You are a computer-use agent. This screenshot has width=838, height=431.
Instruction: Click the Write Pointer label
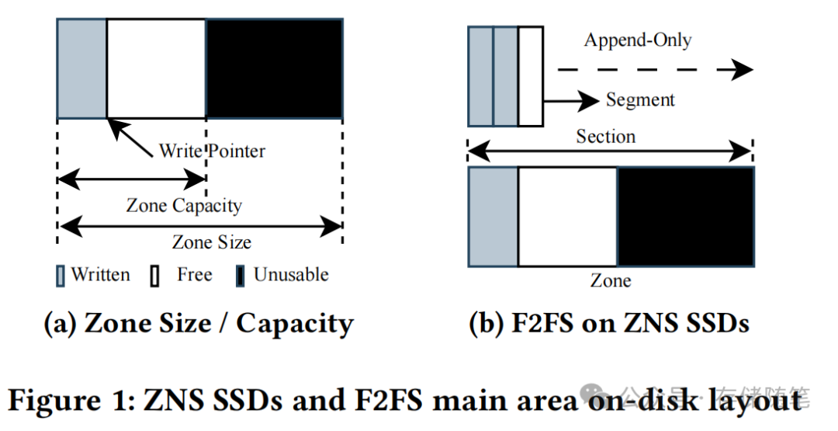(212, 151)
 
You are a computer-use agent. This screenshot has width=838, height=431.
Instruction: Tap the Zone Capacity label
(184, 206)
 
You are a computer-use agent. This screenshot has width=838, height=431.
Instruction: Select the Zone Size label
(211, 242)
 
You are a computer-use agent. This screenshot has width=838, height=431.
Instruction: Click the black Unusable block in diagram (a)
(274, 68)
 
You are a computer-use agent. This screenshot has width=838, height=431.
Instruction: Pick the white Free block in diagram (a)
(156, 68)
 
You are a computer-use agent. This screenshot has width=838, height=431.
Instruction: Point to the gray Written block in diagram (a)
(81, 68)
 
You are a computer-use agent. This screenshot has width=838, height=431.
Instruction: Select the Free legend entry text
(194, 275)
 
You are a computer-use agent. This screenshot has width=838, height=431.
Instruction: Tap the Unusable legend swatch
(241, 276)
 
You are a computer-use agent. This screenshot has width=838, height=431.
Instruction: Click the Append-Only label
(638, 40)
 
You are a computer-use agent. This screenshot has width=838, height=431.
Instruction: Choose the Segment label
(640, 100)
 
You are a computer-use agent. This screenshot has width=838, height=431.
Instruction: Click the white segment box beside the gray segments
(530, 75)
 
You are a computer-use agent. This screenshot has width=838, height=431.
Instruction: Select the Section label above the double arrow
(606, 137)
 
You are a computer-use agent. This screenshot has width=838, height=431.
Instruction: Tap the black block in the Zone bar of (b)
(685, 217)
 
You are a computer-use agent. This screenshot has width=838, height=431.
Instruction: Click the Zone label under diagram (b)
(611, 280)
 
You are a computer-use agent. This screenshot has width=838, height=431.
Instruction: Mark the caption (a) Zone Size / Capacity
(199, 323)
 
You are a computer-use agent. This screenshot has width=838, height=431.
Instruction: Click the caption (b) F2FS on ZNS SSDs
(609, 323)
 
